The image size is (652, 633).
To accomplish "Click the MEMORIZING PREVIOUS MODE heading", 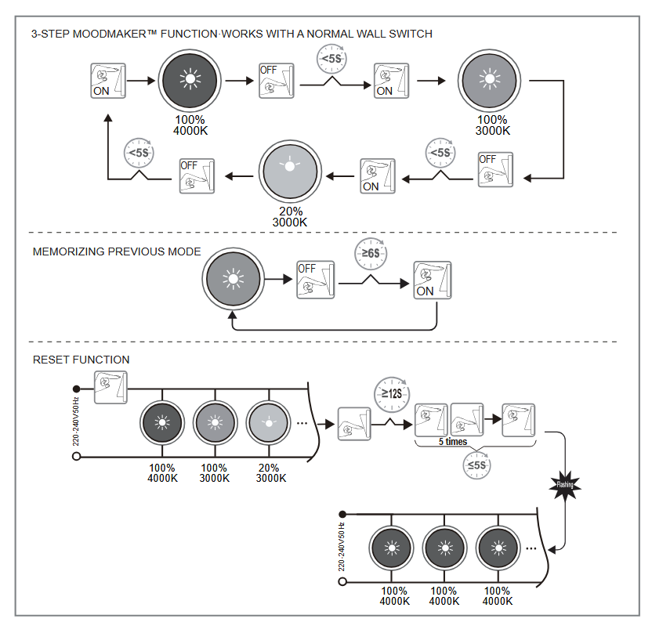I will pyautogui.click(x=117, y=251).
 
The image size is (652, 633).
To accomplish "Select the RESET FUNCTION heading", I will pyautogui.click(x=81, y=360).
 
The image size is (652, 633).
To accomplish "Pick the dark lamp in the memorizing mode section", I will pyautogui.click(x=232, y=279).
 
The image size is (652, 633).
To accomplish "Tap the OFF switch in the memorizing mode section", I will pyautogui.click(x=315, y=280).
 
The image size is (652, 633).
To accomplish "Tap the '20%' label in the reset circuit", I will pyautogui.click(x=269, y=468).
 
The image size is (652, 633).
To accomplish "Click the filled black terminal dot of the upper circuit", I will pyautogui.click(x=76, y=389).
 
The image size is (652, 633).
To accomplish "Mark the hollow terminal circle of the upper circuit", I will pyautogui.click(x=76, y=455).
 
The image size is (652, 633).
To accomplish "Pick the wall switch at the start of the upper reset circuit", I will pyautogui.click(x=110, y=387).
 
